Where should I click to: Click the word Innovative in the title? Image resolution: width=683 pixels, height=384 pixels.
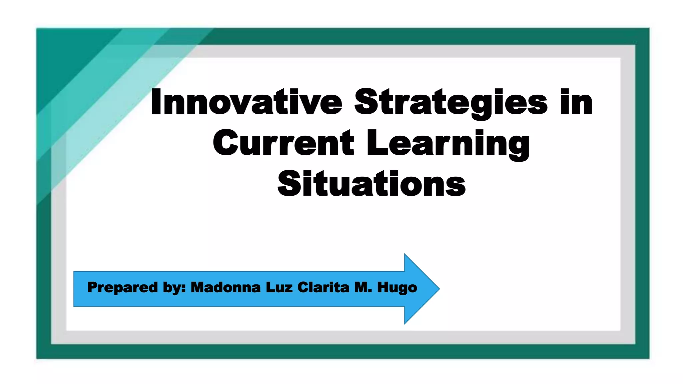click(x=246, y=102)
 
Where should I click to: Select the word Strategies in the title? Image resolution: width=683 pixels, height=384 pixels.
click(x=451, y=102)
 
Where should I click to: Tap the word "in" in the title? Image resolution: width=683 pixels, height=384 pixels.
click(x=576, y=102)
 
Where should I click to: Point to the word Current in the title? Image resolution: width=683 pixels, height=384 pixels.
click(x=283, y=143)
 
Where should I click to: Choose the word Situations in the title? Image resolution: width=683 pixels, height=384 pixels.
click(x=371, y=184)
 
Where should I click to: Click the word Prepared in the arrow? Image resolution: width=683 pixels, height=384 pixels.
click(x=122, y=287)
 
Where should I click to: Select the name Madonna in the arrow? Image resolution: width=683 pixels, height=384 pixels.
click(x=225, y=287)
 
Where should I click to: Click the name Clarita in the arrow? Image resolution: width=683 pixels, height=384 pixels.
click(x=323, y=287)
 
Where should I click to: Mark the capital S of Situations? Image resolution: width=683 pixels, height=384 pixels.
click(x=289, y=184)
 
